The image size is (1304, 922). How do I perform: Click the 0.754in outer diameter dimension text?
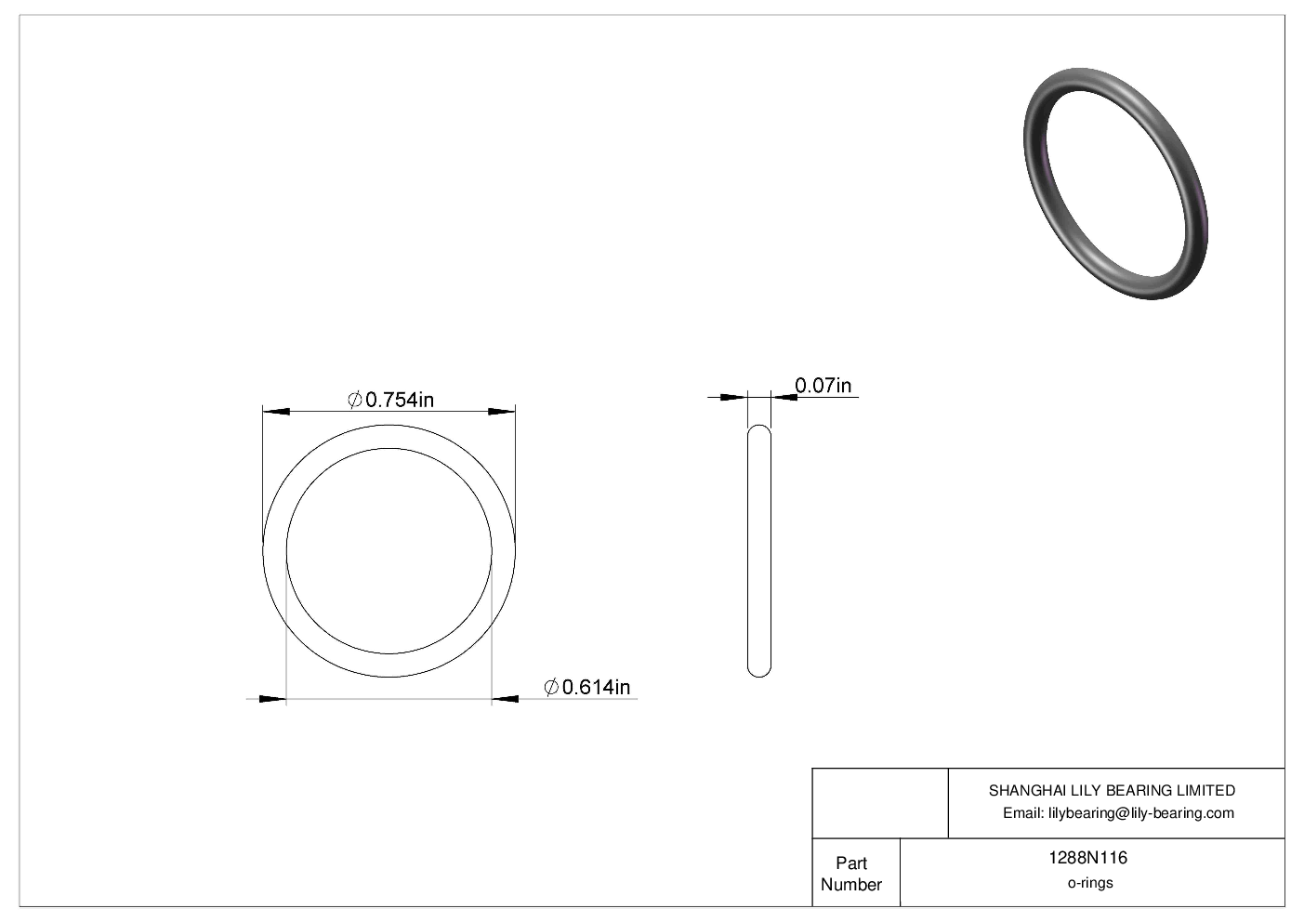pos(400,400)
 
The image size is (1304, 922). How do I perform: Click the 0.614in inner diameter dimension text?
pos(596,687)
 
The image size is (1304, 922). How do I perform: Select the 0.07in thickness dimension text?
pos(823,385)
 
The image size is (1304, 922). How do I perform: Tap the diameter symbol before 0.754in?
pos(354,400)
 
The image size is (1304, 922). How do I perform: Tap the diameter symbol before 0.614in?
pos(551,687)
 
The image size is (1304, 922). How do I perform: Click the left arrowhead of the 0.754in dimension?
pos(276,411)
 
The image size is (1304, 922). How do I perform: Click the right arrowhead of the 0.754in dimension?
pos(502,411)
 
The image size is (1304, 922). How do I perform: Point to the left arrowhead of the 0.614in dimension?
pos(272,698)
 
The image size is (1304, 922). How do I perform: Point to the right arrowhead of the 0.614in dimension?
pos(506,698)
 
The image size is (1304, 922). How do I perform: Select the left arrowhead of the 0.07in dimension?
pos(734,397)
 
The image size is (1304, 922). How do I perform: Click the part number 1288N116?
pos(1087,858)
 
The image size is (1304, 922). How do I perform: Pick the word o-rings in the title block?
pos(1089,883)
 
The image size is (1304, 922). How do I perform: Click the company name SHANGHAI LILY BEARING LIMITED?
pos(1112,790)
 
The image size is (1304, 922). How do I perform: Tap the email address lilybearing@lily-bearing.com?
pos(1140,813)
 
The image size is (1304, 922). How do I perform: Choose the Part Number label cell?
pos(850,874)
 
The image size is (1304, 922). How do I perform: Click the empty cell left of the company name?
pos(879,803)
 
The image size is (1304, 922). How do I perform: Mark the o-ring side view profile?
pos(759,550)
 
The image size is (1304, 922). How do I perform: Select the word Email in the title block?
pos(1022,813)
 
